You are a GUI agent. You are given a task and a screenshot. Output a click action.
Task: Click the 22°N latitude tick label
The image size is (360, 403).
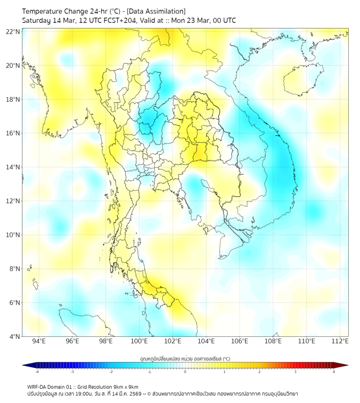(13, 31)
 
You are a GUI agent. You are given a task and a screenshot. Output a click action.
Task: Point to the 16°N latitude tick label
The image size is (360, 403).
(13, 133)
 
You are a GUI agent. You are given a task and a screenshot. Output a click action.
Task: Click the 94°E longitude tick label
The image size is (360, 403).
(39, 341)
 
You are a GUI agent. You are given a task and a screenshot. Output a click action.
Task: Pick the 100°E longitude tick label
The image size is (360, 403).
(139, 341)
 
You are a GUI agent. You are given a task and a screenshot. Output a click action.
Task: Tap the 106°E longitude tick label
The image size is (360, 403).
(240, 341)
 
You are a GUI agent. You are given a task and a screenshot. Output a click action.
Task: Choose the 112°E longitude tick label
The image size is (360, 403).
(340, 341)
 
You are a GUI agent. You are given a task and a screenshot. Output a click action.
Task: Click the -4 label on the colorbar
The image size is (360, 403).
(37, 372)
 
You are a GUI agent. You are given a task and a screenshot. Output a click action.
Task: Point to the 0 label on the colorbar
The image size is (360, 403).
(185, 372)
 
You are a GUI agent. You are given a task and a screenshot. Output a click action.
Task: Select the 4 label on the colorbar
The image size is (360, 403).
(334, 372)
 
